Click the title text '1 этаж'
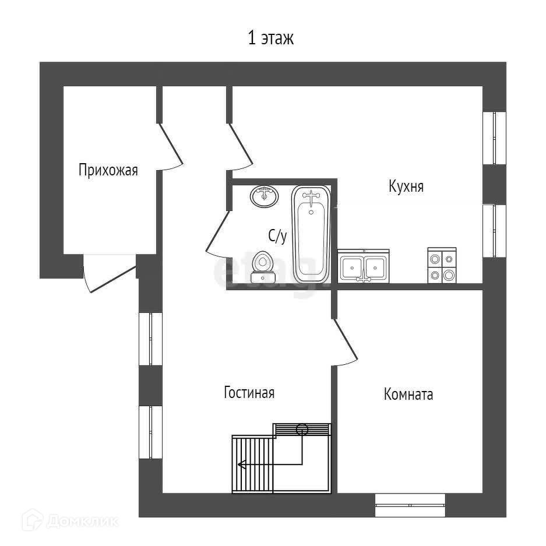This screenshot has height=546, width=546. click(x=272, y=39)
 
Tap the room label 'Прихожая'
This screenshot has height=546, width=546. click(x=108, y=170)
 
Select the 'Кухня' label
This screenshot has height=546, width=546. click(x=406, y=186)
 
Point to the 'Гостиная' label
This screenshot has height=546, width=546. click(x=249, y=393)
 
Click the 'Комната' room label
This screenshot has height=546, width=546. click(x=408, y=394)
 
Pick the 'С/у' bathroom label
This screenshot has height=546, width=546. click(x=277, y=236)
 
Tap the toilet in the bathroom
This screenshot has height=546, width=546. click(x=263, y=267)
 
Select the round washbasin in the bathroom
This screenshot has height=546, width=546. click(x=265, y=196)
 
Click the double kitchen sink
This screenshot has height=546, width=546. click(x=364, y=267)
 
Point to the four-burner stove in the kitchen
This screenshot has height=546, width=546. click(x=442, y=266)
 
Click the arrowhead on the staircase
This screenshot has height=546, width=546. click(x=241, y=464)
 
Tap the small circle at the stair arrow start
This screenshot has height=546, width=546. click(x=302, y=429)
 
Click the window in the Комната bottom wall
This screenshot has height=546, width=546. click(x=410, y=505)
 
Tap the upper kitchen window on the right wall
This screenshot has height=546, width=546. click(x=494, y=138)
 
